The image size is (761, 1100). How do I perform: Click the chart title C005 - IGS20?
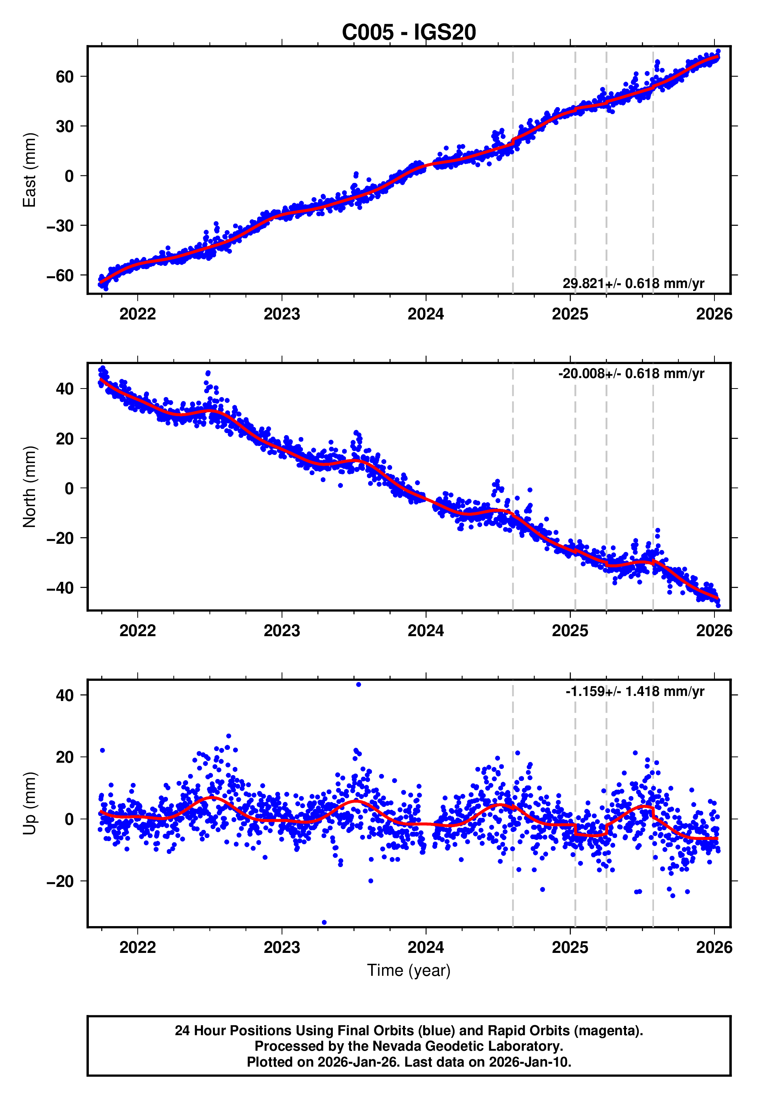[x=409, y=33]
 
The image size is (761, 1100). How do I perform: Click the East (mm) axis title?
[x=29, y=170]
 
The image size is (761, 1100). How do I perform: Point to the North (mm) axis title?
[x=29, y=487]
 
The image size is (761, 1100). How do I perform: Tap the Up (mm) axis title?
[x=29, y=803]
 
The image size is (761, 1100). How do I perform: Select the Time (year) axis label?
[x=409, y=971]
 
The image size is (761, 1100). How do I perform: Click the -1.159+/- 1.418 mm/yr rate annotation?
[x=635, y=691]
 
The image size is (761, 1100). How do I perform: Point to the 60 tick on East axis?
[x=64, y=76]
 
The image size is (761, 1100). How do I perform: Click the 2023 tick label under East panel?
[x=282, y=314]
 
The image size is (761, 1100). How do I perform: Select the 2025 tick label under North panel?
[x=570, y=631]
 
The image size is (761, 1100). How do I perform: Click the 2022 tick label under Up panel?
[x=137, y=947]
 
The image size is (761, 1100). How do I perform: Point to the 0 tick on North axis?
[x=69, y=488]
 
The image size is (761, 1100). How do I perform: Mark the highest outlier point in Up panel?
[x=358, y=685]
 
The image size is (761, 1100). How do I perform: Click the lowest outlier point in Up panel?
[x=324, y=922]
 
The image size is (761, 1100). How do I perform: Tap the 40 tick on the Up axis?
[x=64, y=696]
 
